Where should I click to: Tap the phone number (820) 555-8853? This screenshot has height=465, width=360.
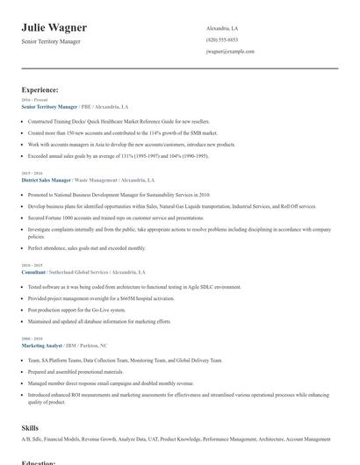click(x=221, y=39)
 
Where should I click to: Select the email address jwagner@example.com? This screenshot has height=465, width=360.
click(x=230, y=51)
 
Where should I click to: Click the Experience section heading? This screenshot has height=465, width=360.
click(x=40, y=89)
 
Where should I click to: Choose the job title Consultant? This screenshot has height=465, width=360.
click(x=33, y=272)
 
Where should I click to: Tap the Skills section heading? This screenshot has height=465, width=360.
click(x=30, y=427)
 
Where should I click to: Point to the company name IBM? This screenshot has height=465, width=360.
click(x=72, y=346)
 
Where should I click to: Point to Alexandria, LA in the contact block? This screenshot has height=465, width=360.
click(x=222, y=28)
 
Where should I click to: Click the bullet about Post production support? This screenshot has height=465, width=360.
click(x=76, y=310)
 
